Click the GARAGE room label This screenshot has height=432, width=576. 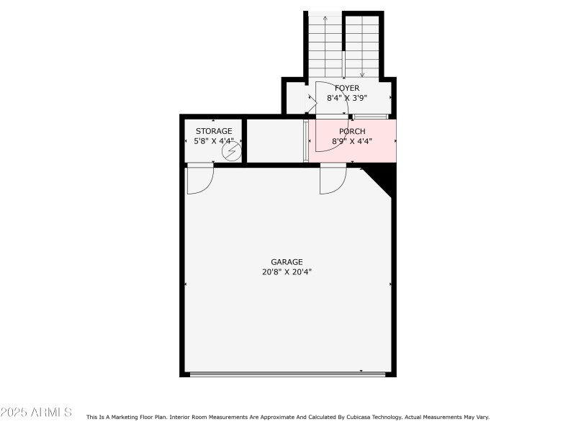pyautogui.click(x=287, y=262)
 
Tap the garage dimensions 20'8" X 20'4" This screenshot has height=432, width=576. pyautogui.click(x=287, y=272)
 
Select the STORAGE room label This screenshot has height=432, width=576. pyautogui.click(x=214, y=131)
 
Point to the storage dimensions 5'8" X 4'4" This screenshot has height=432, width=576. pyautogui.click(x=214, y=140)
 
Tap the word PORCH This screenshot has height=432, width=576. pyautogui.click(x=352, y=131)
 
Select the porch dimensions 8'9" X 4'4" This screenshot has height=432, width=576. pyautogui.click(x=352, y=141)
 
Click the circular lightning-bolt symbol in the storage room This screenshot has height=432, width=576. pyautogui.click(x=232, y=151)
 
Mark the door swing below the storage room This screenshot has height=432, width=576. pyautogui.click(x=199, y=179)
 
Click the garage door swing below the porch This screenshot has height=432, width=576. pyautogui.click(x=333, y=179)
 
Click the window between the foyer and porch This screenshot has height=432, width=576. pyautogui.click(x=370, y=117)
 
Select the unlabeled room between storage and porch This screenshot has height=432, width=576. pyautogui.click(x=274, y=140)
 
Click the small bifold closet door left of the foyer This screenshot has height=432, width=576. pyautogui.click(x=310, y=104)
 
